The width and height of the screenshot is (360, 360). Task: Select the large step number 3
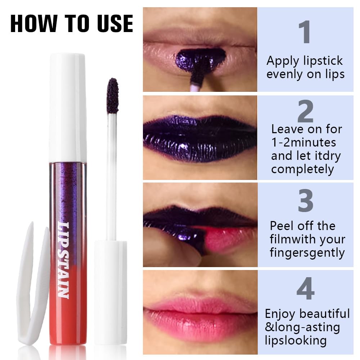click(305, 201)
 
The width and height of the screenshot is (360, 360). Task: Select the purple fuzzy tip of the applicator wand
click(113, 96)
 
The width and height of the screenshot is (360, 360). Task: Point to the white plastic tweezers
click(32, 288)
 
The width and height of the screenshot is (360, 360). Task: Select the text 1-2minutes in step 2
click(303, 142)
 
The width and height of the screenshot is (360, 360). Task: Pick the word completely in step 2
click(302, 169)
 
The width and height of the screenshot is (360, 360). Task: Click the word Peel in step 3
click(282, 226)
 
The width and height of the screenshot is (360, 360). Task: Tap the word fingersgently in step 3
click(307, 253)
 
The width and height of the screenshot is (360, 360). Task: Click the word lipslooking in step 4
click(296, 340)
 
